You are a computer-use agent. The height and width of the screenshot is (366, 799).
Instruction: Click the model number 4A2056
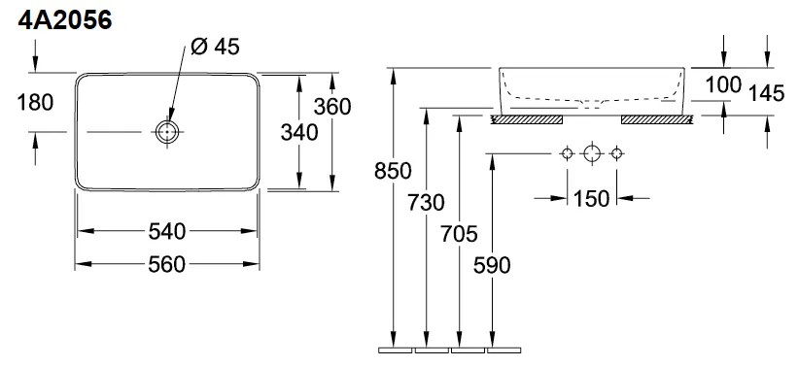coord(61,20)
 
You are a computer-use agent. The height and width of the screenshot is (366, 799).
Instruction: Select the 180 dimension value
coord(35,101)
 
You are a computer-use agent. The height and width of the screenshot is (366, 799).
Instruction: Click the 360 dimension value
coord(332,106)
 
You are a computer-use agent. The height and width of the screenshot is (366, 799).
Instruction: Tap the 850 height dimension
coord(393,172)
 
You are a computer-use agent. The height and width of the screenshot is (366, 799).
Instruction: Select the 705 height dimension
coord(459,233)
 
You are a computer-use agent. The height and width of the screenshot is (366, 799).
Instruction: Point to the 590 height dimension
coord(492,264)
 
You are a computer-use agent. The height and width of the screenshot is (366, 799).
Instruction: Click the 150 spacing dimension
coord(591,199)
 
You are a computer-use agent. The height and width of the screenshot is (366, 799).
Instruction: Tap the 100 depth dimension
coord(723,84)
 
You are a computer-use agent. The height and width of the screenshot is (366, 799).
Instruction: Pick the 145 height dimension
coord(767,93)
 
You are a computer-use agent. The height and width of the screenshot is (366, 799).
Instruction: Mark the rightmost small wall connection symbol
coord(615,153)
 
